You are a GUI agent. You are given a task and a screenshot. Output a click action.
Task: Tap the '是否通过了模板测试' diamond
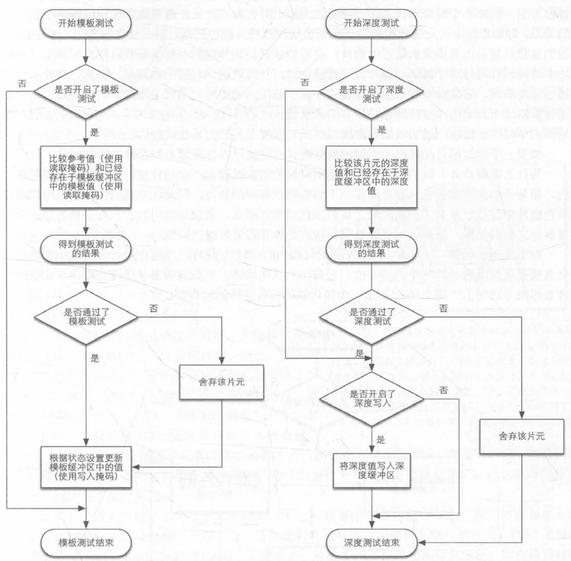click(x=86, y=318)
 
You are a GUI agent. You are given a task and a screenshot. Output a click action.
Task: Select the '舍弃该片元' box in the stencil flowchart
click(x=222, y=383)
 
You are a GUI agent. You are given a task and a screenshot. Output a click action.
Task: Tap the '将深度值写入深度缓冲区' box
click(x=372, y=471)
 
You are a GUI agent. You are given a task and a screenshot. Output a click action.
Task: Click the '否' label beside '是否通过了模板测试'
click(x=152, y=307)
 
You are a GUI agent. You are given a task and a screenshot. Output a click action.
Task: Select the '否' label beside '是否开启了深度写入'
click(x=443, y=388)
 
